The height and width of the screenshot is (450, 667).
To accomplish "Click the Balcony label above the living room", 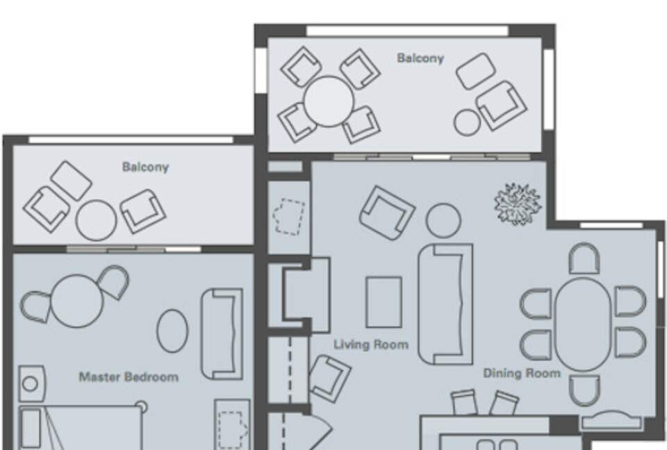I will [420, 58].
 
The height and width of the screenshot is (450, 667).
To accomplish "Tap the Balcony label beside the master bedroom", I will [145, 167].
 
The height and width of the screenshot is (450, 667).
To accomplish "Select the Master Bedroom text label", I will [128, 377].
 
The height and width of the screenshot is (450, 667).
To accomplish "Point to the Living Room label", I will [371, 344].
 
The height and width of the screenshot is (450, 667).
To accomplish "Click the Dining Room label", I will [521, 374].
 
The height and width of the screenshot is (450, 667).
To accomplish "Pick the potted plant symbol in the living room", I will [517, 203].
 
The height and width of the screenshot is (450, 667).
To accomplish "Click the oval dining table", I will [583, 324].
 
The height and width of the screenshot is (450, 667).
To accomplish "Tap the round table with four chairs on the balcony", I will [329, 101].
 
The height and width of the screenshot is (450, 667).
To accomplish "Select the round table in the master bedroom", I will [77, 300].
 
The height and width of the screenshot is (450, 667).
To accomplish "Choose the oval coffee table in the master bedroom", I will [172, 331].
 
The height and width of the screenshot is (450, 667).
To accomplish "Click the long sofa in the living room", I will [445, 303].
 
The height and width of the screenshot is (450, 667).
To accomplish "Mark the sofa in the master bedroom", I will [222, 333].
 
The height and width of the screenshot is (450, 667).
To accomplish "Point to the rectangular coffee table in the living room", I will [384, 302].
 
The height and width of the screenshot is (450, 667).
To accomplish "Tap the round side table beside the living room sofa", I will [443, 221].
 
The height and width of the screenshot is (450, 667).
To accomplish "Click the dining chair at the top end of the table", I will [584, 259].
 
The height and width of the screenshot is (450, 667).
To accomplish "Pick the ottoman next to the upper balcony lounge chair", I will [476, 71].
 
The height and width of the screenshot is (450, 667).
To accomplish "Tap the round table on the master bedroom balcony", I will [96, 220].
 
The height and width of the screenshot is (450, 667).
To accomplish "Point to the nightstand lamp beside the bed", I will [30, 384].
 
